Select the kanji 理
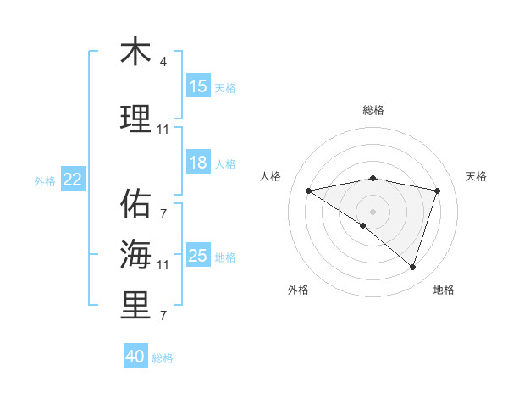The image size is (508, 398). coord(135,120)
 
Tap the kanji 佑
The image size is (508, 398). coord(135,204)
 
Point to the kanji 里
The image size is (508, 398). coord(135,306)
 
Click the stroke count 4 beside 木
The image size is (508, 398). coord(163,62)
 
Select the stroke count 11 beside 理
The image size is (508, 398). coord(163,130)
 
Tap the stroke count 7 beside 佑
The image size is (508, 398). coord(163,213)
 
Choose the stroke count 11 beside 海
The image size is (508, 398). coord(163,264)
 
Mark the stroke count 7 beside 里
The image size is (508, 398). coord(163,316)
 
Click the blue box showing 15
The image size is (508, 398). coord(198,86)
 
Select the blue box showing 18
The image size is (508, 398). coord(198,163)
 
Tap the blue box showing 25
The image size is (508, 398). coord(198,256)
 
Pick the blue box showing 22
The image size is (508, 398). coord(73,179)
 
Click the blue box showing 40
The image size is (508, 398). coord(135,357)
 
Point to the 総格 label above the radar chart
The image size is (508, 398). coord(373,110)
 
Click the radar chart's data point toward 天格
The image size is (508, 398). coord(438,191)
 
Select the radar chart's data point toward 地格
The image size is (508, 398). coord(412,267)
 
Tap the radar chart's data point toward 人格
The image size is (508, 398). coord(309,191)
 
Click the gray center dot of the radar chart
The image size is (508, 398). coord(373,211)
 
